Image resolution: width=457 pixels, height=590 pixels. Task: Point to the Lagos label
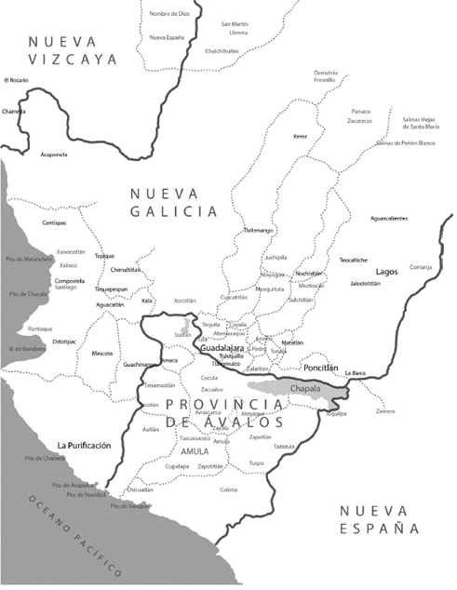pos(386,271)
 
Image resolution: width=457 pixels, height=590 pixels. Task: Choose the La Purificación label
pos(84,446)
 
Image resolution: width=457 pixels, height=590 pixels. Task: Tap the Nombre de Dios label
pos(167,15)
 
